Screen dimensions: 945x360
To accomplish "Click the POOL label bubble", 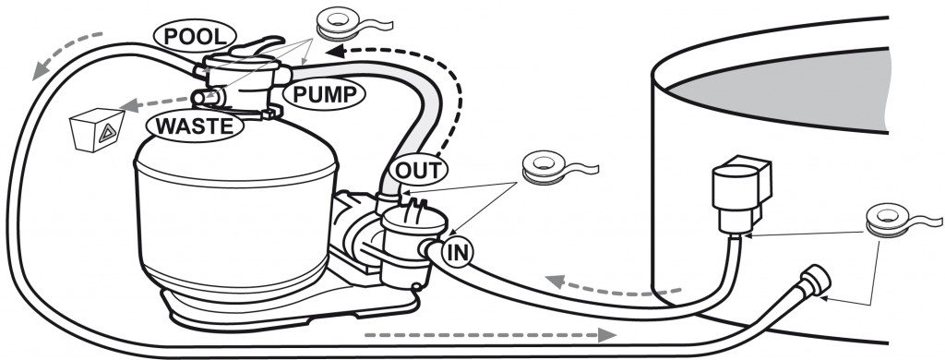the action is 195,37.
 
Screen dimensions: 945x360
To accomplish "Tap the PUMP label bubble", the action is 324,93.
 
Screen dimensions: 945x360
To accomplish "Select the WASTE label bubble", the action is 195,126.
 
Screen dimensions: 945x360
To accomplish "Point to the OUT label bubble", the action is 418,170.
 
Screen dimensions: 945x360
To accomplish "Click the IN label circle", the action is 458,253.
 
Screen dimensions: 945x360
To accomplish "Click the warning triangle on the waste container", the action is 108,132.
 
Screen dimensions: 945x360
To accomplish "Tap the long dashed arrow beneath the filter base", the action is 490,335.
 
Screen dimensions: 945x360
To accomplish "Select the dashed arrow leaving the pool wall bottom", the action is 613,285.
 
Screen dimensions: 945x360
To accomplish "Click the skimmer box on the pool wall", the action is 741,191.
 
